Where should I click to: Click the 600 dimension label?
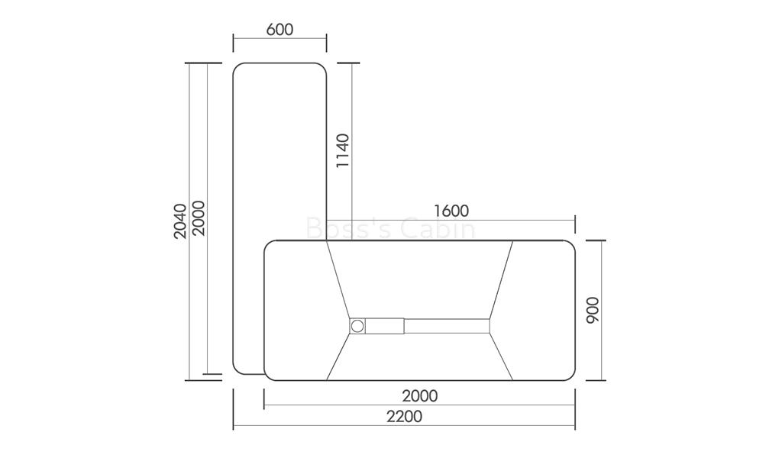(280, 30)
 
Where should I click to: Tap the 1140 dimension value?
(343, 150)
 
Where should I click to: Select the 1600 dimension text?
(451, 211)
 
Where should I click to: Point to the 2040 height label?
(180, 221)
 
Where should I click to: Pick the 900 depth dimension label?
(592, 310)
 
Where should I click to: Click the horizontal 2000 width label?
(420, 395)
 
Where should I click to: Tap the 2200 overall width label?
(405, 416)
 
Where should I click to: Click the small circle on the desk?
(357, 326)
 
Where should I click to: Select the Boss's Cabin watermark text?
(390, 230)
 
